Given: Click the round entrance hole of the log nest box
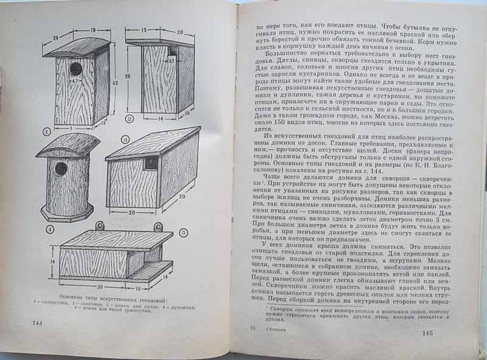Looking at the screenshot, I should click(61, 169).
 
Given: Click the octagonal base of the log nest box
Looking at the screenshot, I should click(67, 213).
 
